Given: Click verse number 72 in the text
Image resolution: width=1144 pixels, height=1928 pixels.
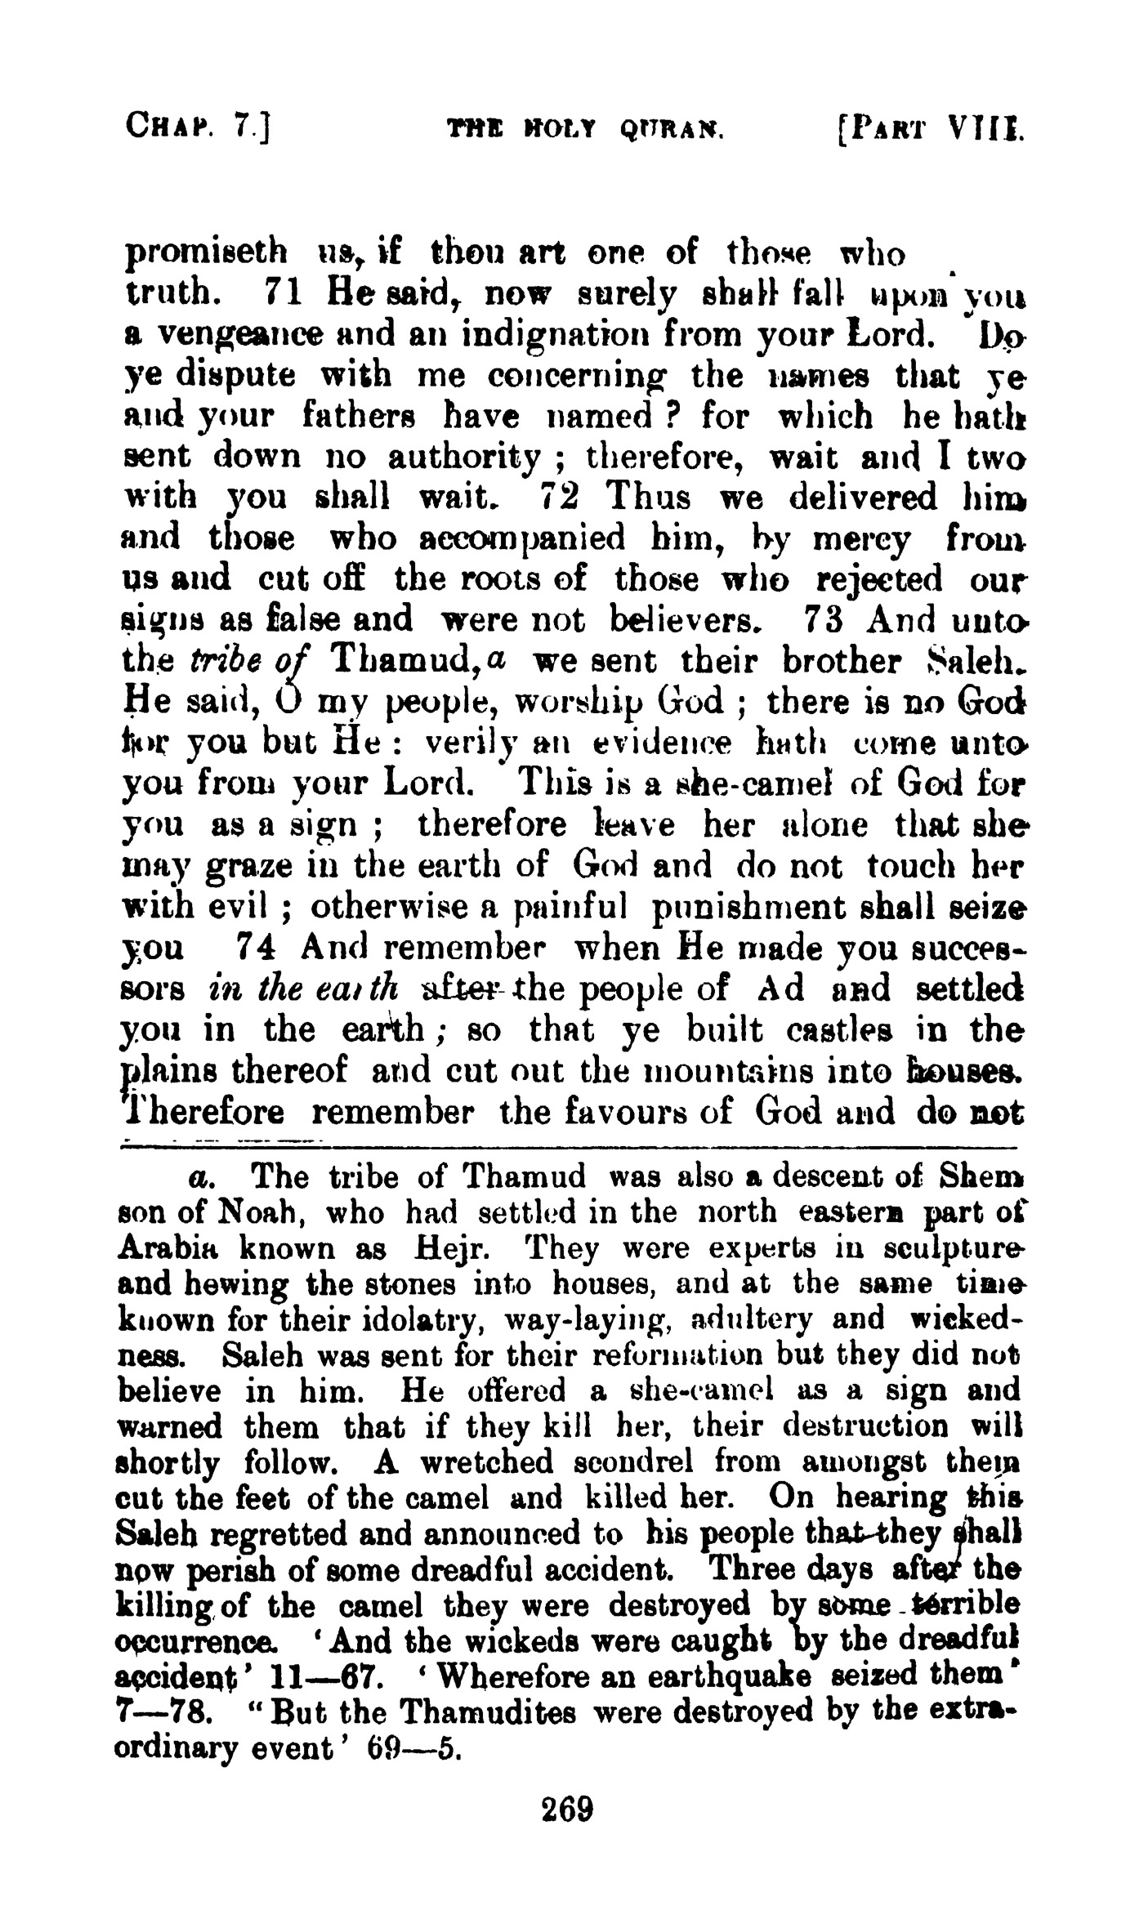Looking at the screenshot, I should (x=560, y=498).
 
